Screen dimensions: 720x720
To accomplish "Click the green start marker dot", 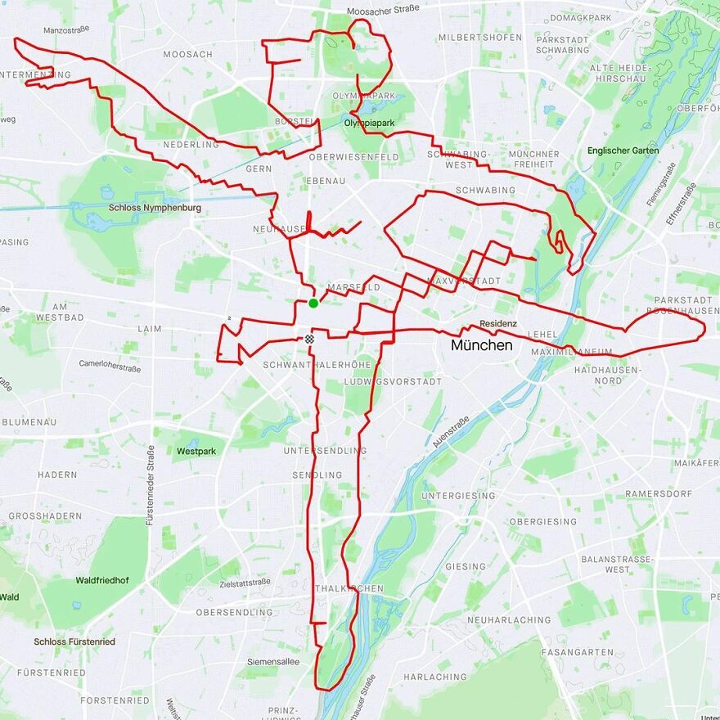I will (x=313, y=304).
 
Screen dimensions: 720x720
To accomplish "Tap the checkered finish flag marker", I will (x=309, y=339).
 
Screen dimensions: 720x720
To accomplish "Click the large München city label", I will (x=482, y=345).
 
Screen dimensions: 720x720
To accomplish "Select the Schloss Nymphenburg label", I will (x=155, y=208).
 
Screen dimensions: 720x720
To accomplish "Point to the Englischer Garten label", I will (x=623, y=151).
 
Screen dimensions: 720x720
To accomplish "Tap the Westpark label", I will (x=196, y=451).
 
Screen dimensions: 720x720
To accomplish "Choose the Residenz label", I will (x=498, y=323).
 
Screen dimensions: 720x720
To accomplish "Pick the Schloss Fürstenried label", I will (x=74, y=641).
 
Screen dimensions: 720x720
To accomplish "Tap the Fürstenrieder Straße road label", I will (x=151, y=484).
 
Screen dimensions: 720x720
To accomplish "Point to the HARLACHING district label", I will (x=434, y=677).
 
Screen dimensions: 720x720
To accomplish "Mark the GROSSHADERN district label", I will (x=45, y=516).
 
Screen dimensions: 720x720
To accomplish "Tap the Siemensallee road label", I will (x=273, y=661).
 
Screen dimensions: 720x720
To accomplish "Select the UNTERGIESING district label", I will (x=459, y=496).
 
